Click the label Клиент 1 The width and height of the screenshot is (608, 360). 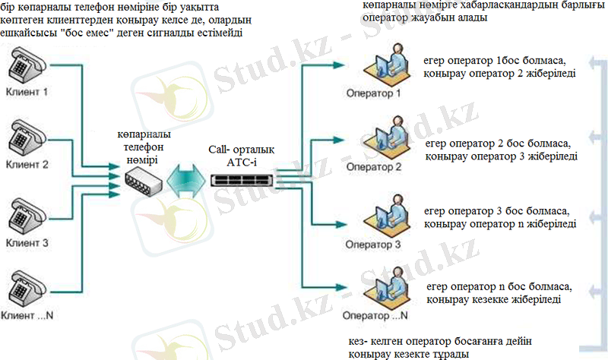[x=27, y=93]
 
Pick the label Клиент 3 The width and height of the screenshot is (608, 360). [x=27, y=243]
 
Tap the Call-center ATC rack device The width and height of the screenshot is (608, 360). [x=242, y=179]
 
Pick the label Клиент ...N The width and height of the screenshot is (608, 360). [x=30, y=311]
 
